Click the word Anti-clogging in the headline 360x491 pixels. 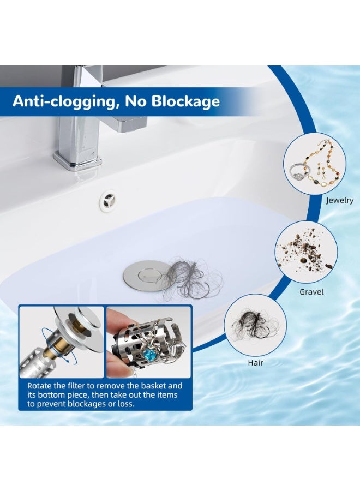(x=63, y=101)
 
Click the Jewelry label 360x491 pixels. (x=339, y=200)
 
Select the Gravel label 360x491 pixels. (x=311, y=292)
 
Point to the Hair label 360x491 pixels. (x=255, y=362)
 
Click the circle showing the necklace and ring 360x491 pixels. (x=315, y=163)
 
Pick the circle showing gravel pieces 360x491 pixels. (x=306, y=252)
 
